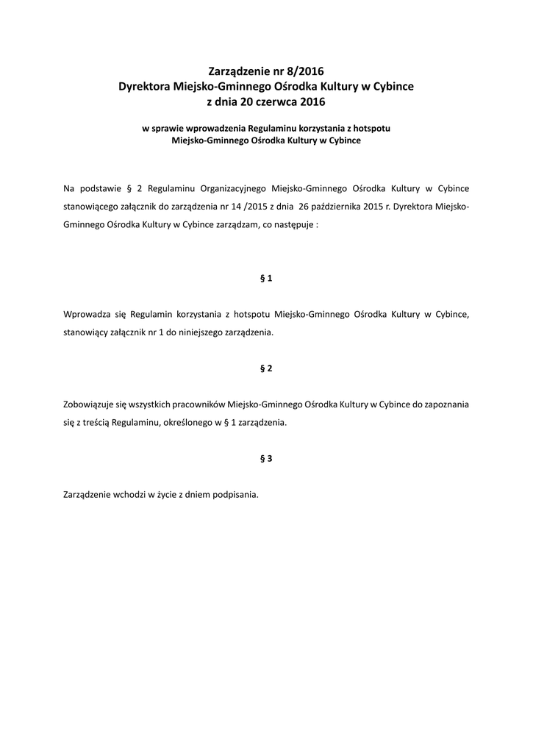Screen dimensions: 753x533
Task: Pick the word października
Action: click(335, 207)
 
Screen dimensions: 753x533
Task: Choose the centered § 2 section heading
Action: click(266, 368)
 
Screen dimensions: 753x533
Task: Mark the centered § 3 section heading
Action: click(266, 459)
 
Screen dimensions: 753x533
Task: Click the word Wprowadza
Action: click(85, 314)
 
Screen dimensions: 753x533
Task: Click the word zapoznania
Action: click(445, 404)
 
